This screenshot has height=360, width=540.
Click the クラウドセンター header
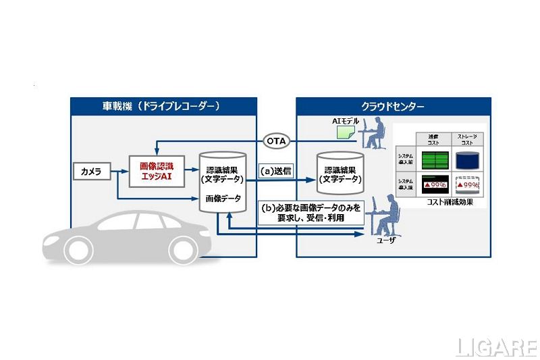393,107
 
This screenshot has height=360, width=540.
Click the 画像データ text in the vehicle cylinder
222,199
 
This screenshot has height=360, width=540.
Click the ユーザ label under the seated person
375,240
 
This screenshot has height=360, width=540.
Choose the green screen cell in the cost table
433,160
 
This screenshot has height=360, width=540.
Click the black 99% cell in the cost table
433,185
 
